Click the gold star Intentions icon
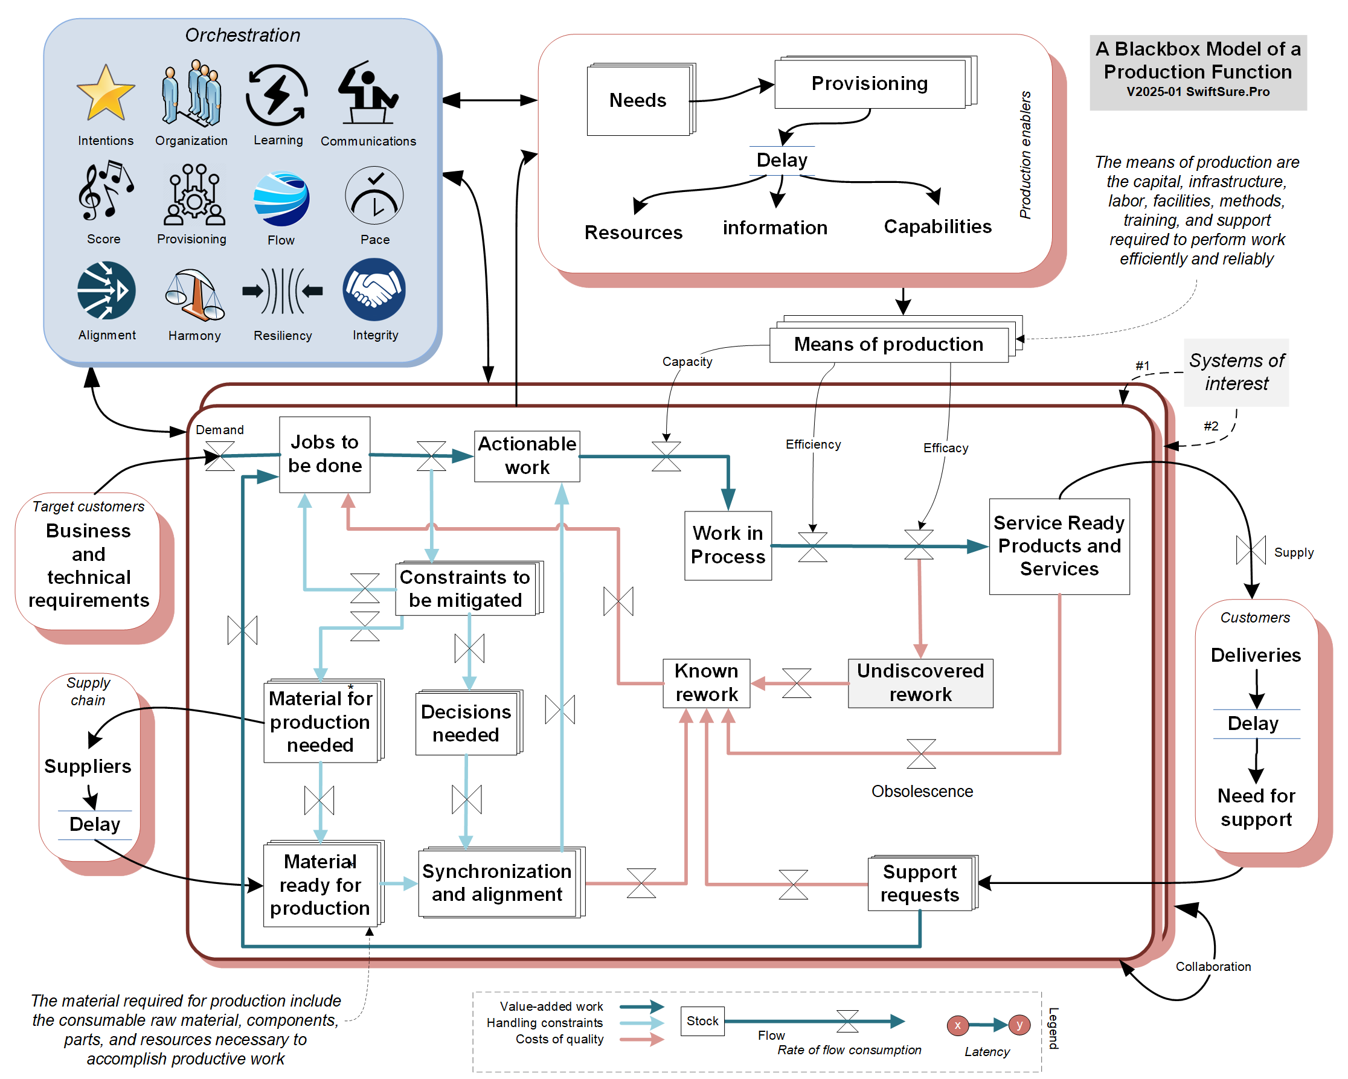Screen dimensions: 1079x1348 [x=106, y=94]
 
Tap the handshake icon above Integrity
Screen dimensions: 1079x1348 [x=374, y=290]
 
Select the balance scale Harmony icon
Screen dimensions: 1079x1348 [x=194, y=295]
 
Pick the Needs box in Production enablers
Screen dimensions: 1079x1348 [x=638, y=100]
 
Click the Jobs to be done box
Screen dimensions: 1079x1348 [x=324, y=455]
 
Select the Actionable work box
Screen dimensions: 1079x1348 [x=527, y=456]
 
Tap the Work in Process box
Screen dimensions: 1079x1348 [x=728, y=545]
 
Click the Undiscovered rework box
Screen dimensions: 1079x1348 [x=920, y=683]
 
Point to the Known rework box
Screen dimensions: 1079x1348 [x=707, y=683]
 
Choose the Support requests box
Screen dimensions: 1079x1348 [x=920, y=883]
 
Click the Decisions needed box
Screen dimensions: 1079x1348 [x=466, y=723]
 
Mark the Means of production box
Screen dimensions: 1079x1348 [x=888, y=344]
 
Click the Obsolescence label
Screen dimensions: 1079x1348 [x=922, y=792]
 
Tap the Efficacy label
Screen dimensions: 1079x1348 [x=946, y=448]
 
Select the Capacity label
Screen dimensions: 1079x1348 [x=687, y=361]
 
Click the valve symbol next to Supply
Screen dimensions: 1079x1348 [x=1251, y=550]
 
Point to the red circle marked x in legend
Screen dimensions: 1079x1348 [x=957, y=1025]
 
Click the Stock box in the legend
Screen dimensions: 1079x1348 [x=702, y=1021]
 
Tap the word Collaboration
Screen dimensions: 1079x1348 [x=1213, y=967]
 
